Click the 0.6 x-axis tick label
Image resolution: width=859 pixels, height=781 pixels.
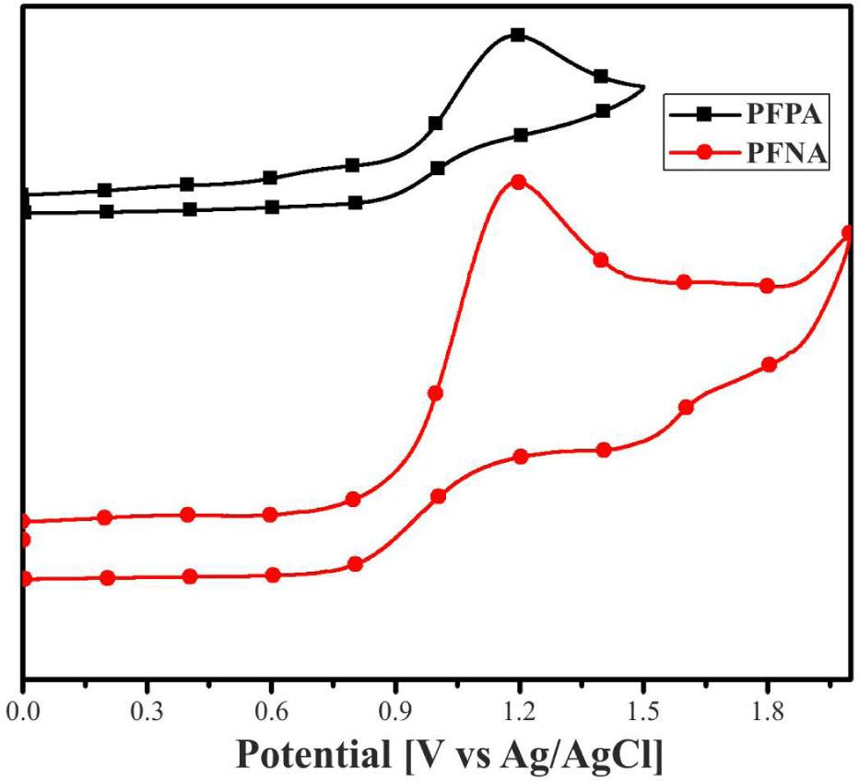pos(270,712)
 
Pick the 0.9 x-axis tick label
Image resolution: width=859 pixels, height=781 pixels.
pos(395,712)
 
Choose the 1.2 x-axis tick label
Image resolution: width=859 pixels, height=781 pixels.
pos(520,712)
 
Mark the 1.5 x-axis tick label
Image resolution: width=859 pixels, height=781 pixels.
pos(644,712)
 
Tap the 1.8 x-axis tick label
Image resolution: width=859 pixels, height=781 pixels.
pos(769,712)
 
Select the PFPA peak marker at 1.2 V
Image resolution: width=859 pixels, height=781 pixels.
pos(518,35)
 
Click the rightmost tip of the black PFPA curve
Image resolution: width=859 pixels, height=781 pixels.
pos(643,88)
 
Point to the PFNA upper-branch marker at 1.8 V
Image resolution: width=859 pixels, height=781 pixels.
pos(767,286)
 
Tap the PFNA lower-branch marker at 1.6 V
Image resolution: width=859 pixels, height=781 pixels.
pos(686,408)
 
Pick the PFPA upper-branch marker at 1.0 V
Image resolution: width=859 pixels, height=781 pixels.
pos(436,124)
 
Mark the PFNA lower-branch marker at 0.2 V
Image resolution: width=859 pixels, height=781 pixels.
pos(107,578)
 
